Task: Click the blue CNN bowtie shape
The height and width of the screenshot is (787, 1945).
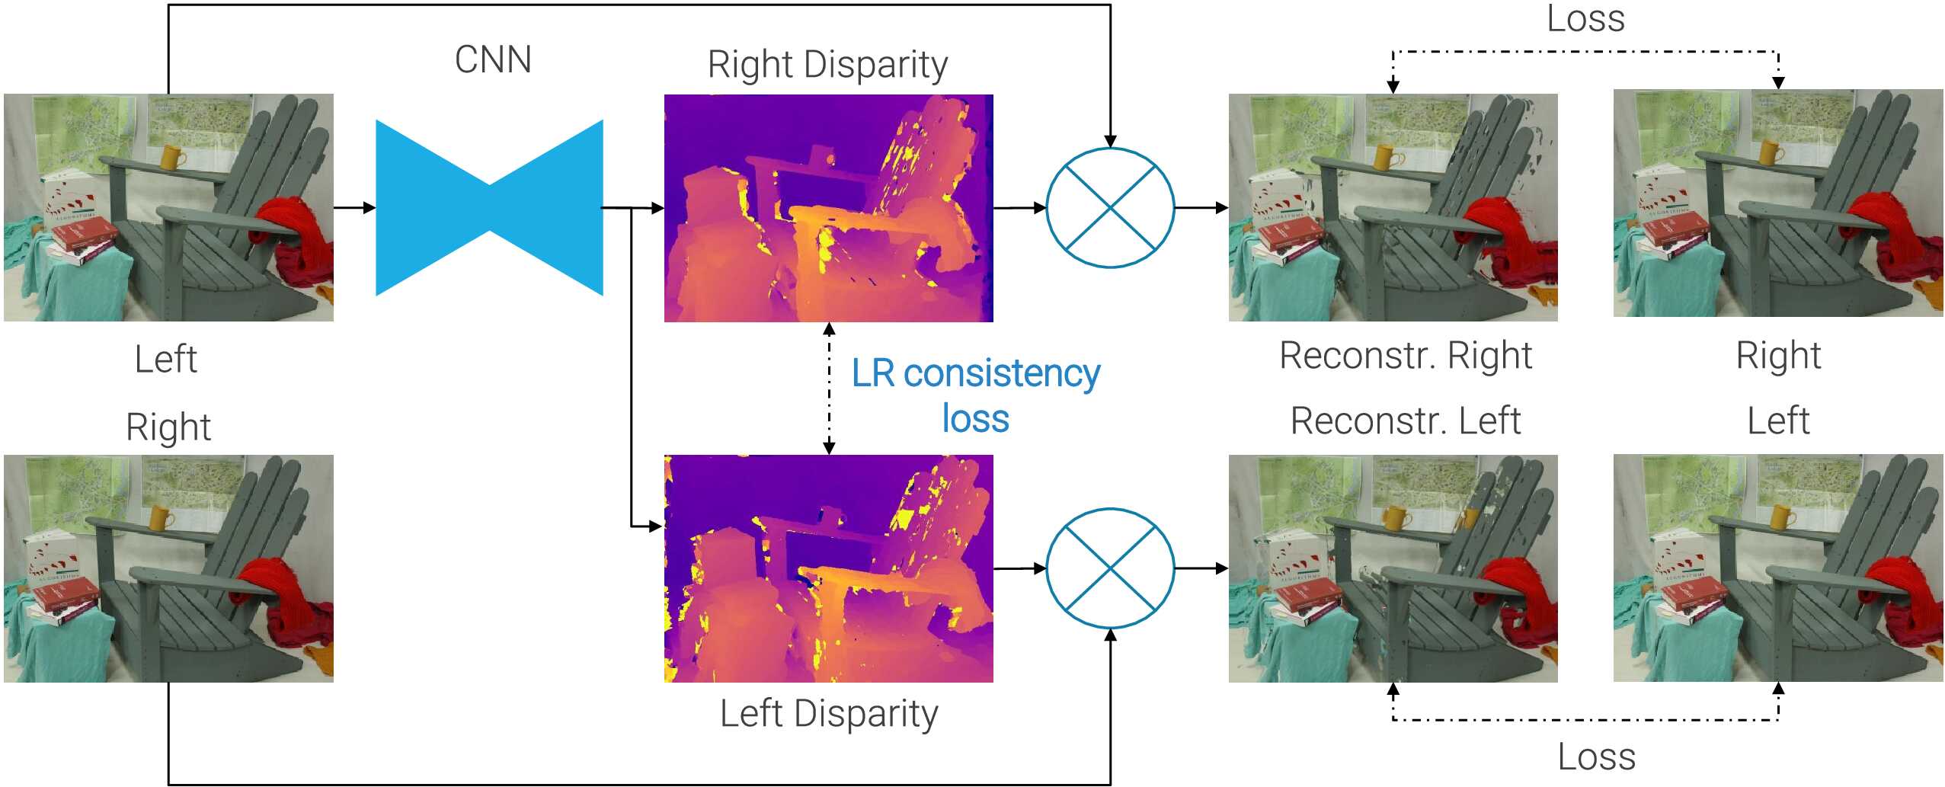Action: coord(489,207)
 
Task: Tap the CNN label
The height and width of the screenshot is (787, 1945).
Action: coord(493,59)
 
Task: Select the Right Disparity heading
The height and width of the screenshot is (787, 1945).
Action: coord(827,65)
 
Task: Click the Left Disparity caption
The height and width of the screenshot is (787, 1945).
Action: coord(829,715)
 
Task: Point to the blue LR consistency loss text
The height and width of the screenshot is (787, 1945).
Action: coord(975,395)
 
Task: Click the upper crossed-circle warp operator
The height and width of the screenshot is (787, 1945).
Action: coord(1110,207)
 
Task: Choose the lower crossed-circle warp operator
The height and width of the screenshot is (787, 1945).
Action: coord(1110,568)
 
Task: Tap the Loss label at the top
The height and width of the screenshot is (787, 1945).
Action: coord(1585,18)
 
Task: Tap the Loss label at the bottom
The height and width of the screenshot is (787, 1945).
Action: coord(1596,757)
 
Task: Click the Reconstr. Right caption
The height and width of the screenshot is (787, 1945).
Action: coord(1406,356)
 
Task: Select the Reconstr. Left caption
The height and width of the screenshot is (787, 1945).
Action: coord(1406,421)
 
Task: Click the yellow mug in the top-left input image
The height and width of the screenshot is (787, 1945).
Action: coord(173,157)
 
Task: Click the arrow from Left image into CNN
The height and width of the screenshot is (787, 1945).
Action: coord(354,207)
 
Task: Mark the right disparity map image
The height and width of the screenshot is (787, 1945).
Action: coord(828,207)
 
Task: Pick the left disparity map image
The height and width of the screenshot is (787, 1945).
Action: coord(828,568)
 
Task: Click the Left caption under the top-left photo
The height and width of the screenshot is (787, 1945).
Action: coord(165,359)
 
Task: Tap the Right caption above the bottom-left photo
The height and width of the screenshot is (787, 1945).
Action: coord(168,427)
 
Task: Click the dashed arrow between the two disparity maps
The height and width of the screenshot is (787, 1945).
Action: coord(829,389)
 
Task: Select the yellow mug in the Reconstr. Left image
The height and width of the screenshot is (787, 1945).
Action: coord(1395,518)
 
